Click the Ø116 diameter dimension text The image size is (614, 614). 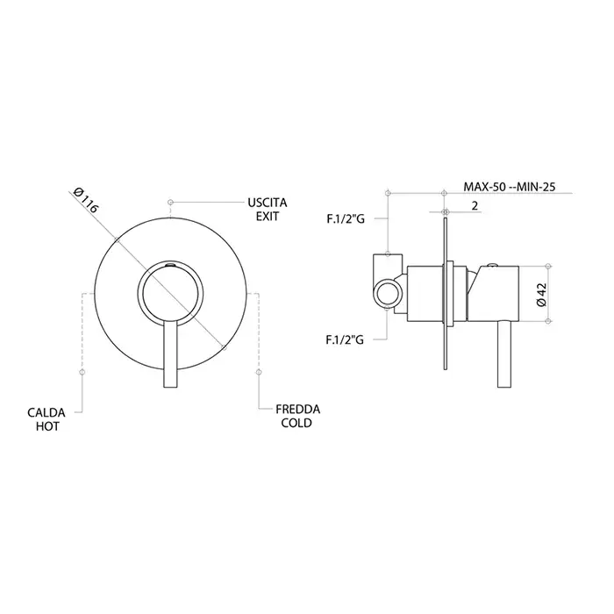[x=85, y=200]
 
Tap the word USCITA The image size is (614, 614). [x=267, y=203]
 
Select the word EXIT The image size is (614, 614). [x=268, y=216]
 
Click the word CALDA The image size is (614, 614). [x=46, y=413]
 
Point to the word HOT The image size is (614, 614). [x=47, y=426]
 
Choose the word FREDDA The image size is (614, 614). [x=297, y=410]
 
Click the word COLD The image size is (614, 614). [x=296, y=423]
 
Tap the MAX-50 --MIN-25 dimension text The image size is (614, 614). [x=510, y=186]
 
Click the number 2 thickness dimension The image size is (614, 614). [x=475, y=205]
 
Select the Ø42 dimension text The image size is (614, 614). [x=541, y=295]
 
